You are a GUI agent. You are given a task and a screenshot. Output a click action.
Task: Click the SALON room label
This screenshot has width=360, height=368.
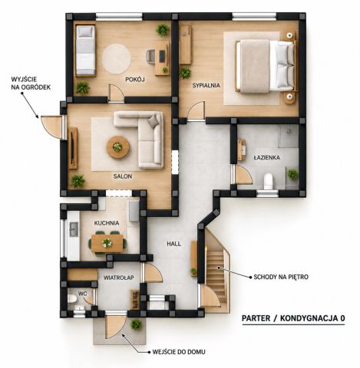pyautogui.click(x=123, y=176)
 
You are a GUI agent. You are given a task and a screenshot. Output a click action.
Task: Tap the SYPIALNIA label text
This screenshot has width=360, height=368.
pyautogui.click(x=206, y=85)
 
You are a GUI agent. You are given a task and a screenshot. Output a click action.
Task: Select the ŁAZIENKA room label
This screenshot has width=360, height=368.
pyautogui.click(x=266, y=157)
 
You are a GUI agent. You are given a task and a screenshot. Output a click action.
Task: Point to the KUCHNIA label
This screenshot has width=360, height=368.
pyautogui.click(x=107, y=223)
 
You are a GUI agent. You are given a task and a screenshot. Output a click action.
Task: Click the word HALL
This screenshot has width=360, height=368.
pyautogui.click(x=174, y=244)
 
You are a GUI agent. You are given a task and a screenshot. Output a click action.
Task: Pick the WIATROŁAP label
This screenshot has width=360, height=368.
pyautogui.click(x=119, y=278)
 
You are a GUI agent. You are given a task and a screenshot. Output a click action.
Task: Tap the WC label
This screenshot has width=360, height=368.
pyautogui.click(x=83, y=294)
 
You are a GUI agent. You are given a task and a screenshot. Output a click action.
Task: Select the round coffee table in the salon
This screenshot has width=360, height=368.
pyautogui.click(x=118, y=147)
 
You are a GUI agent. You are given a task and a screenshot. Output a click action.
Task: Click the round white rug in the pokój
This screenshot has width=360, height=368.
pyautogui.click(x=117, y=59)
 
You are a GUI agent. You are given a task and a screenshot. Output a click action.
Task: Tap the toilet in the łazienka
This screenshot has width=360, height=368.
pyautogui.click(x=269, y=181)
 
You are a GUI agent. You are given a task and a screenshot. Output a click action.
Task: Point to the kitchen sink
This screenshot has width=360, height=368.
pyautogui.click(x=74, y=229)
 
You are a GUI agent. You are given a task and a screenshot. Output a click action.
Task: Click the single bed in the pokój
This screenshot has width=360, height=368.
pyautogui.click(x=85, y=50)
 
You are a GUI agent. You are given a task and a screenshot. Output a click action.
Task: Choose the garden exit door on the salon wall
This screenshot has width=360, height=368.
pyautogui.click(x=52, y=127)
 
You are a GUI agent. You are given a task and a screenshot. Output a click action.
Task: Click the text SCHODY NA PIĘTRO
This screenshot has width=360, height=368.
pyautogui.click(x=281, y=277)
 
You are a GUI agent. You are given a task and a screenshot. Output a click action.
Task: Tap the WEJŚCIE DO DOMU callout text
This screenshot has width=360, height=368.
pyautogui.click(x=179, y=352)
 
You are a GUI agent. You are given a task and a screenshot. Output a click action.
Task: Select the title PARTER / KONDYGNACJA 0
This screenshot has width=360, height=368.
pyautogui.click(x=293, y=318)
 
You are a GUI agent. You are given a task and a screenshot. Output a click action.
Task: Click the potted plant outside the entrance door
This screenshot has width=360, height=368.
pyautogui.click(x=136, y=324)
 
